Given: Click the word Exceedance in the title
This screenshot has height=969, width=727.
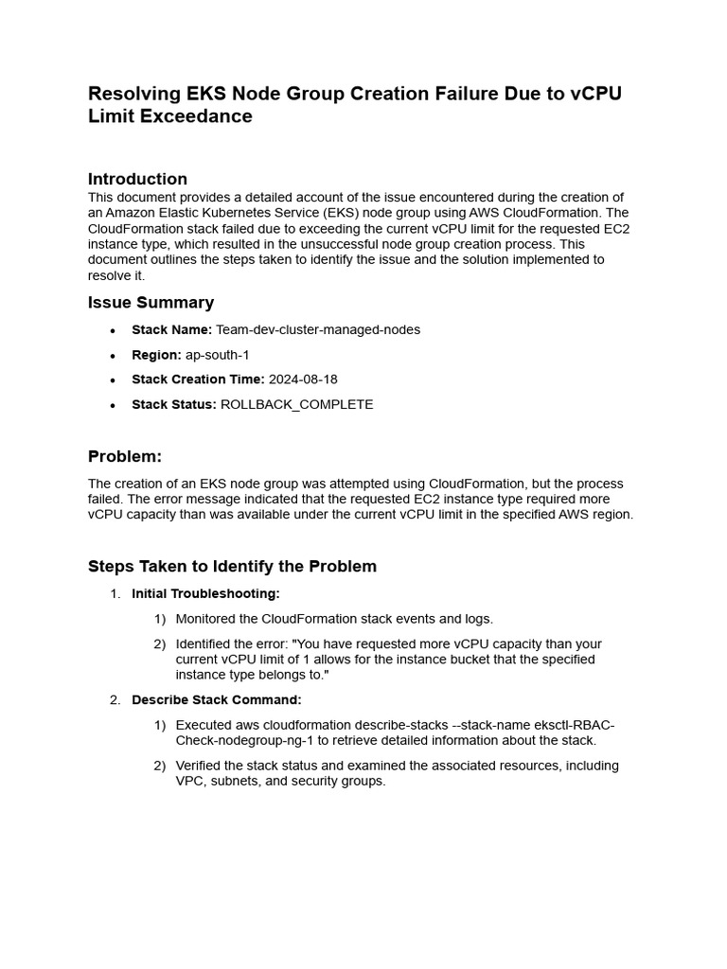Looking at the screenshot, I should point(205,116).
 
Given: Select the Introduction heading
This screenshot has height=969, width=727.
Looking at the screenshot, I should point(137,179).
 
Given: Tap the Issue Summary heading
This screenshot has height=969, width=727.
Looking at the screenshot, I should point(151,303).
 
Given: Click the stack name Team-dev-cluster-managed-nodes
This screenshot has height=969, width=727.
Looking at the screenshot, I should point(318,330).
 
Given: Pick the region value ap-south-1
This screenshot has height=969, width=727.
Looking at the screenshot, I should point(218,355).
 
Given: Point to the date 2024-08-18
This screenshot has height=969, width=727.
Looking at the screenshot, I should point(303,379).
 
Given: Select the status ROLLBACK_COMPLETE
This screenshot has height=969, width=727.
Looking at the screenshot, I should point(296,404).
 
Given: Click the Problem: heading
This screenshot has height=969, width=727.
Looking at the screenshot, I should point(125,457).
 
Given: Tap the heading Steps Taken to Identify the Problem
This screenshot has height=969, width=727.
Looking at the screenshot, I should point(232,567).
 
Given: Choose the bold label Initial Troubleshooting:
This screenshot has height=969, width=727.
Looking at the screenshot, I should point(205,593).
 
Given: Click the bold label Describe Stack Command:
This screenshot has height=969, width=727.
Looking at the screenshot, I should point(216,700).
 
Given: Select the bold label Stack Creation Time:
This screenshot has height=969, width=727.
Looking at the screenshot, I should point(198,379).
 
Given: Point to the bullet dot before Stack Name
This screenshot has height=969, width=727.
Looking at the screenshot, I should point(113,330).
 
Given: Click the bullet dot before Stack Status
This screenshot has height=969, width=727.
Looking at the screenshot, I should point(113,404).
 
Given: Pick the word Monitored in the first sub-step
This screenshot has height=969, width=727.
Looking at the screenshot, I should point(207,619).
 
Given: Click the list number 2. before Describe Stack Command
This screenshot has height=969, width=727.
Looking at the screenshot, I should point(115,700).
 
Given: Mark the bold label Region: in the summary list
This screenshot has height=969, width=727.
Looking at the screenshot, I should point(156,355).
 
